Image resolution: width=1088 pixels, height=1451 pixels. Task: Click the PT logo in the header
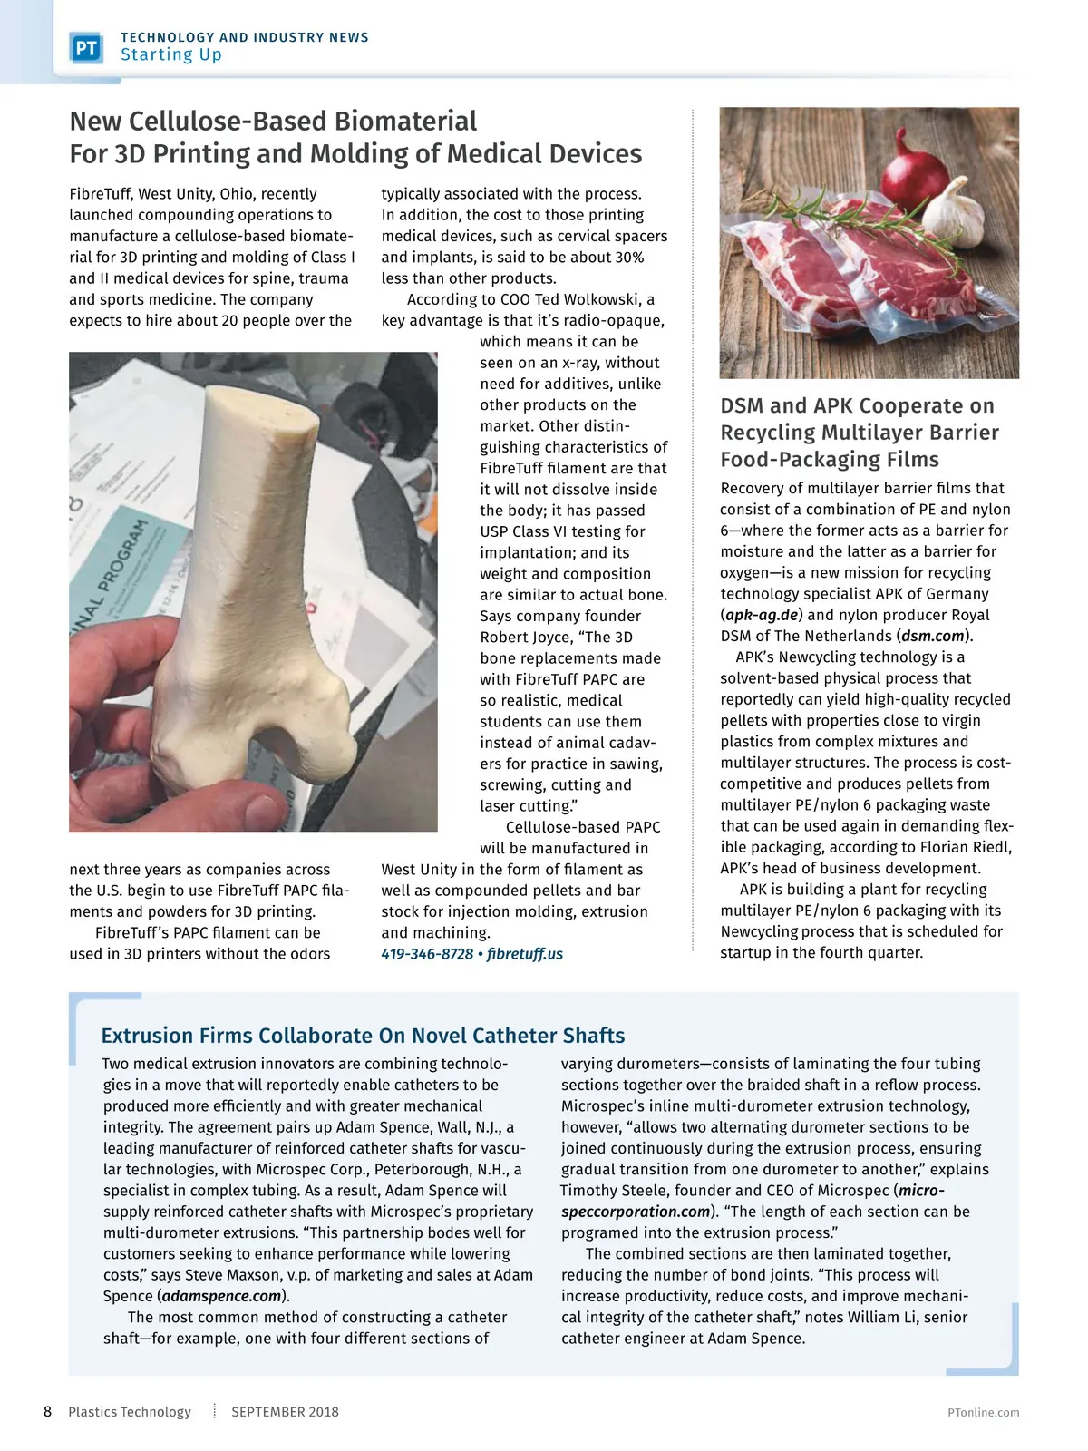click(x=87, y=48)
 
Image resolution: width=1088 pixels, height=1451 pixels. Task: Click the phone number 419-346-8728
click(x=427, y=954)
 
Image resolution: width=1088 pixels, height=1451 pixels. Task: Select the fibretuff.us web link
click(x=525, y=954)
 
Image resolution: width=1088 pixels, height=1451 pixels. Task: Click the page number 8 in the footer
click(x=48, y=1411)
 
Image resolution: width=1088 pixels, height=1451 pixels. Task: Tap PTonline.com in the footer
click(x=983, y=1412)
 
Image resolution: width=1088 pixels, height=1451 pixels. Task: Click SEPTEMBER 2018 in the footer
click(x=285, y=1412)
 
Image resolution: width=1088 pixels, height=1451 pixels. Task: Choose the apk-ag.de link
click(x=762, y=615)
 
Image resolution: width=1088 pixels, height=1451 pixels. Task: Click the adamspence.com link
click(x=222, y=1296)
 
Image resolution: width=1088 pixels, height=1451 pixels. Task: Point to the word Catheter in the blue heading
click(x=514, y=1036)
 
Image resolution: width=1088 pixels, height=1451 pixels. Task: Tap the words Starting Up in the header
click(x=171, y=55)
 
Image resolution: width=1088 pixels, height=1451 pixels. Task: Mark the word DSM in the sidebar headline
click(x=743, y=406)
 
